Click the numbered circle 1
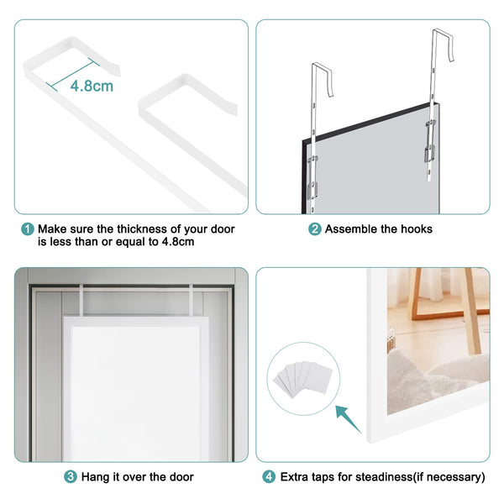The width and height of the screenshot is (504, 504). pos(28,229)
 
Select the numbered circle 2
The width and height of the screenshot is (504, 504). pos(315,229)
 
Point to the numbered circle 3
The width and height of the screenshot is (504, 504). pos(71,477)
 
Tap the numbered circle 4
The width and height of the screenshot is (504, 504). pos(268,477)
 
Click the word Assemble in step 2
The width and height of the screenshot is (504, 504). pos(351,229)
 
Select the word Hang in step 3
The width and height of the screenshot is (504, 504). pos(95,477)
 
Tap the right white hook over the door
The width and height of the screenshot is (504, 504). pos(192,299)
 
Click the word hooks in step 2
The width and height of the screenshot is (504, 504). pos(417,229)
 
